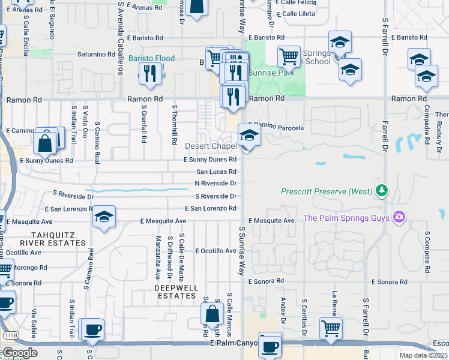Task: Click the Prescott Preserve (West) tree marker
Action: [381, 191]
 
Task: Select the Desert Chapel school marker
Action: [249, 136]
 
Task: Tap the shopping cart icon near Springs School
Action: [289, 57]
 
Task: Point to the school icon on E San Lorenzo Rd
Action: [104, 217]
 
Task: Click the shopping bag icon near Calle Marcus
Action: [212, 314]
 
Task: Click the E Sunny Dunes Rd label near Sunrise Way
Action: [210, 160]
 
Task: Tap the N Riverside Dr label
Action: [215, 183]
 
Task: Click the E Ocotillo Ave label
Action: [214, 250]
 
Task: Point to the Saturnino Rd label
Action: [96, 54]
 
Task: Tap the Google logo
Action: [20, 352]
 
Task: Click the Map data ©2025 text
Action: [423, 355]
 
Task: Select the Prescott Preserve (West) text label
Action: [327, 192]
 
